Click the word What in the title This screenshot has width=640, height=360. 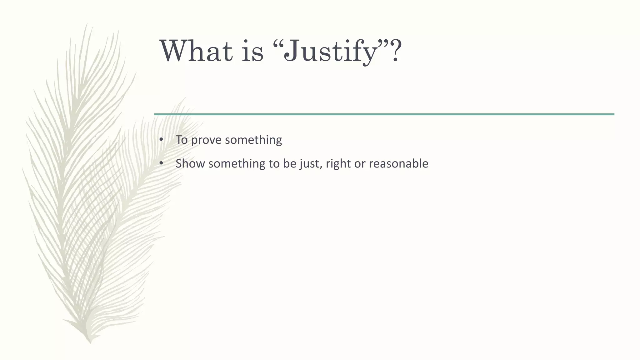[197, 51]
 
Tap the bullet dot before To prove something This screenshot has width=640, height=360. [161, 140]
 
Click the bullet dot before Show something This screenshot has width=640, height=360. [161, 163]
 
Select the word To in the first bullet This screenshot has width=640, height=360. [181, 140]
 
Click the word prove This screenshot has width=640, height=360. [206, 140]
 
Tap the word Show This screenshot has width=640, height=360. [190, 163]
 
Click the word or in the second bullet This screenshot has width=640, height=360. [359, 164]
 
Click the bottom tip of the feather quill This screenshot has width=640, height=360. [91, 343]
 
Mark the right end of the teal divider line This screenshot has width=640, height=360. [613, 114]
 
